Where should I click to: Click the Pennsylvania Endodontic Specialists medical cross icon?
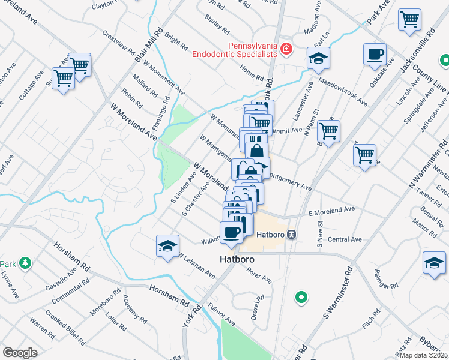pyautogui.click(x=286, y=49)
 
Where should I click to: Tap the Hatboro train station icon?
pyautogui.click(x=292, y=234)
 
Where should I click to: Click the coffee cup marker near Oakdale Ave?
pyautogui.click(x=375, y=55)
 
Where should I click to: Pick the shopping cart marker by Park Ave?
pyautogui.click(x=409, y=20)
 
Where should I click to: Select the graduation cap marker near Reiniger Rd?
pyautogui.click(x=434, y=263)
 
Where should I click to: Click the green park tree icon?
pyautogui.click(x=25, y=263)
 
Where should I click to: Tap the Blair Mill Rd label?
pyautogui.click(x=152, y=44)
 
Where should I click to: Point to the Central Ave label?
pyautogui.click(x=345, y=239)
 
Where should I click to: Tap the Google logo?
pyautogui.click(x=20, y=353)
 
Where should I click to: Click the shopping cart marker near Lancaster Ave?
pyautogui.click(x=328, y=130)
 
